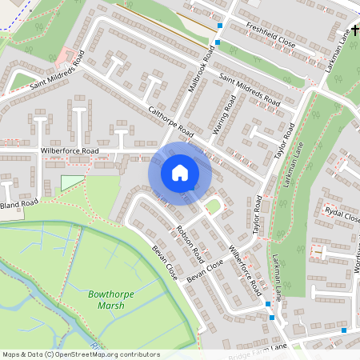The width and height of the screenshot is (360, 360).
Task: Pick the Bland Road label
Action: click(x=18, y=205)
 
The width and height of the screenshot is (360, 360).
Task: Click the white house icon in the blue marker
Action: click(x=179, y=173)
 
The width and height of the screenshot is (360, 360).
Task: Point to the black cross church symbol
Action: click(x=333, y=58)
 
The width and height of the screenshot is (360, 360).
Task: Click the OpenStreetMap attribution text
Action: click(x=81, y=354)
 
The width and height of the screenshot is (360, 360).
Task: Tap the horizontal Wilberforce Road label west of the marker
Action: click(x=70, y=150)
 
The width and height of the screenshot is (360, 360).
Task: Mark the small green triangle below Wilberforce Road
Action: click(x=72, y=183)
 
